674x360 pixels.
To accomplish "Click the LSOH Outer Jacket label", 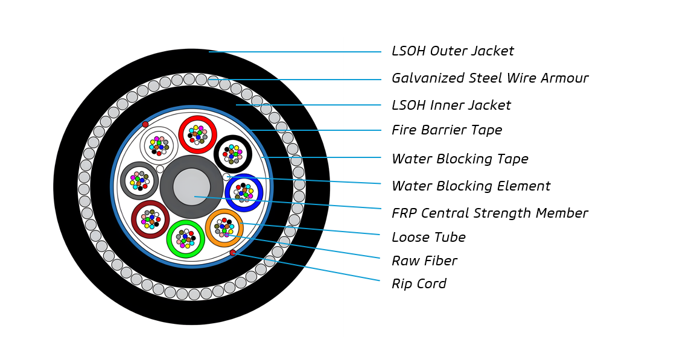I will click(453, 51).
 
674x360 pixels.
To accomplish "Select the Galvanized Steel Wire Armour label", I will click(489, 78).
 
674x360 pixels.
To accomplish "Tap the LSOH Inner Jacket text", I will click(451, 106).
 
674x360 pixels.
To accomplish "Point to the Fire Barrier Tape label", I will click(447, 130).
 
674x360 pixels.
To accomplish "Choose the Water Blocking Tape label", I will click(460, 159).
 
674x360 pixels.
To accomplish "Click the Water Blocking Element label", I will click(471, 186).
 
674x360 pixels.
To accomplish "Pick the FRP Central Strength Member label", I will click(489, 213).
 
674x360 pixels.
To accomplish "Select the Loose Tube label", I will click(428, 238).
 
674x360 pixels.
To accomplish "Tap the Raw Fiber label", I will click(424, 261).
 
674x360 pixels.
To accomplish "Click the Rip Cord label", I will click(419, 284).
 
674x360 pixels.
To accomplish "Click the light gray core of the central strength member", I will click(192, 187).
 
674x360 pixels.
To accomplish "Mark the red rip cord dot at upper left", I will click(145, 124).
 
